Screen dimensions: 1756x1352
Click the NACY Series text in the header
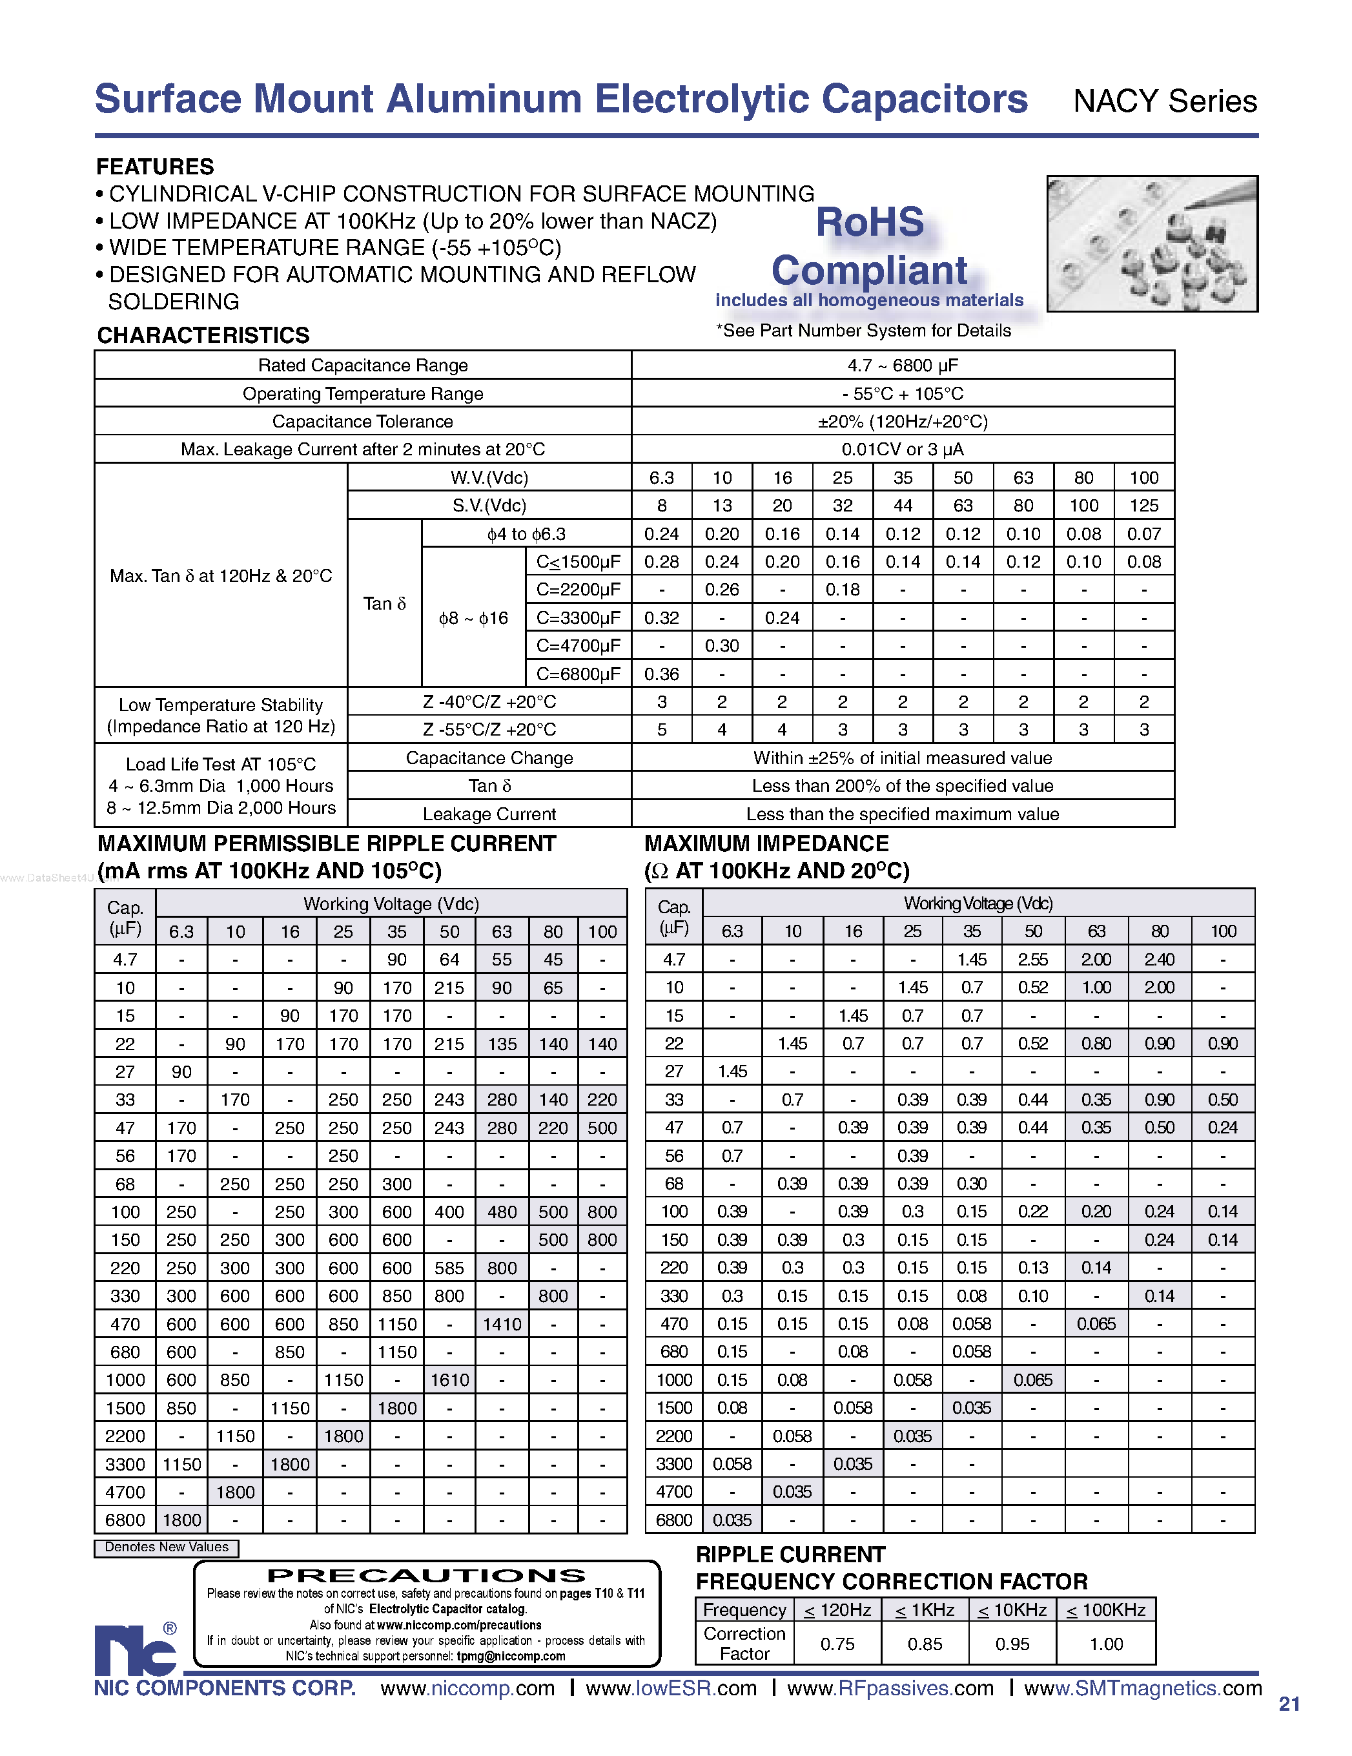click(x=1164, y=102)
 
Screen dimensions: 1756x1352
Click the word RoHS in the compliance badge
click(x=870, y=223)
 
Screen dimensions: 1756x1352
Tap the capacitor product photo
click(x=1151, y=243)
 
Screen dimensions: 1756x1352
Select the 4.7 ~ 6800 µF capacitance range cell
click(x=902, y=365)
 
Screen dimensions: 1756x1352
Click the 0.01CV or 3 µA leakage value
click(x=902, y=449)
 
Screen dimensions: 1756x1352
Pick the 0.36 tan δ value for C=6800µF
click(x=662, y=674)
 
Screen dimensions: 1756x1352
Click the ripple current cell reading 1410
click(x=502, y=1324)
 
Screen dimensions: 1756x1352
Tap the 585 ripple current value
click(x=449, y=1268)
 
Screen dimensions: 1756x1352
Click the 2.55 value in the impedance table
click(x=1032, y=959)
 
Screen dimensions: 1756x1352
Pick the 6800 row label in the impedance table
click(x=673, y=1520)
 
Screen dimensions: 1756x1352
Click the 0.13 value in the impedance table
click(x=1032, y=1268)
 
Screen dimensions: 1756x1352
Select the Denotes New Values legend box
click(x=167, y=1547)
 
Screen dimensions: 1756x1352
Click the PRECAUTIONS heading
click(x=426, y=1576)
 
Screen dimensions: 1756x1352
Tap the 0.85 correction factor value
click(x=925, y=1644)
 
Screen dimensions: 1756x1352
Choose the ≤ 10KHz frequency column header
click(x=1011, y=1609)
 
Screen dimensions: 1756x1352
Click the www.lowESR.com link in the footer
click(x=671, y=1688)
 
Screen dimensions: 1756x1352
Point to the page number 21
click(x=1289, y=1704)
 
